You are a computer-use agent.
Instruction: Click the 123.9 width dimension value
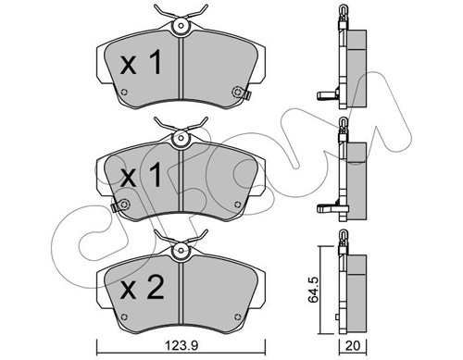coord(181,345)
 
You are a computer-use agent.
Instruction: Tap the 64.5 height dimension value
coord(313,290)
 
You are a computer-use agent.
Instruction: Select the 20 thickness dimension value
coord(353,346)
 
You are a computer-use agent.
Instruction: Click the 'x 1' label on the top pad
coord(141,63)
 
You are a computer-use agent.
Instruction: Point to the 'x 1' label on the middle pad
coord(141,175)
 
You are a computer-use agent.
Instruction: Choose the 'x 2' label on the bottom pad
coord(142,287)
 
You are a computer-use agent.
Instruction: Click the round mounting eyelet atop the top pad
coord(181,26)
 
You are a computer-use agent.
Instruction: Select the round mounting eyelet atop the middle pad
coord(181,138)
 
